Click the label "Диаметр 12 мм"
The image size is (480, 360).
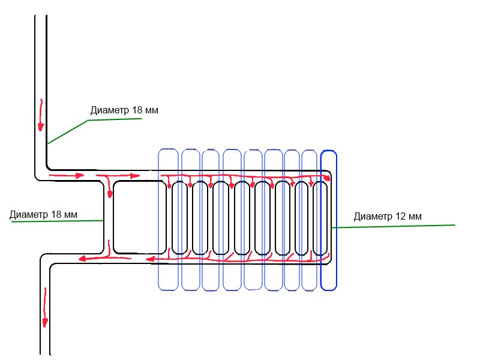(x=388, y=216)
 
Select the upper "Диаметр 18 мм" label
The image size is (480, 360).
(x=124, y=110)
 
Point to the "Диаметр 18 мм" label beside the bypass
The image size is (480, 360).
(x=43, y=214)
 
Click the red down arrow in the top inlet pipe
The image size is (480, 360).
(x=41, y=115)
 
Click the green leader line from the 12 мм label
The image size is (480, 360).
(x=394, y=226)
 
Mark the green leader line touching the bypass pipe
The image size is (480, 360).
(x=57, y=221)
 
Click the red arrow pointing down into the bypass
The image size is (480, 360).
(x=109, y=186)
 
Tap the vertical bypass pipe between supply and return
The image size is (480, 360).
(x=109, y=217)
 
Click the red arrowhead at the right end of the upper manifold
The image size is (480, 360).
(x=326, y=178)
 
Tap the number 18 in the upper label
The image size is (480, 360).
(x=137, y=110)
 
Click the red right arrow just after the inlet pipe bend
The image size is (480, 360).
(x=67, y=176)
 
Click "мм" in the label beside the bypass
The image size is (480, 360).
(x=71, y=215)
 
